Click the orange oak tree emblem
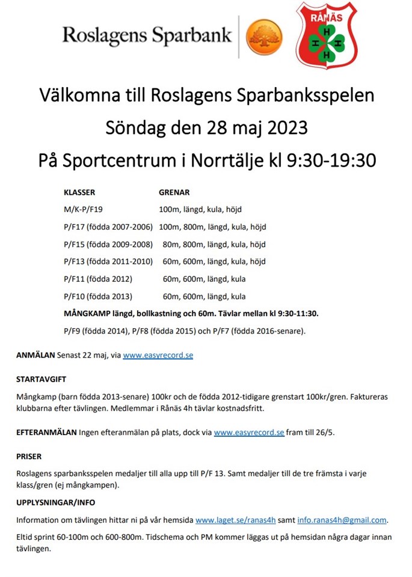(x=265, y=36)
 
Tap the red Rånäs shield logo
(x=325, y=34)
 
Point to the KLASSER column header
(x=79, y=193)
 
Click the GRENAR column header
(x=174, y=193)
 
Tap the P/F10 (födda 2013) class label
(x=97, y=296)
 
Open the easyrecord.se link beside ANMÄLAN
(x=158, y=355)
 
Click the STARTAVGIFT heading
(x=41, y=380)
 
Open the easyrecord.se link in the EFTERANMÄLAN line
(x=248, y=432)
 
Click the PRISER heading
(x=28, y=457)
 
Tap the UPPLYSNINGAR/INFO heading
(x=55, y=502)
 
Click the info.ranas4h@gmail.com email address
(x=342, y=520)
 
